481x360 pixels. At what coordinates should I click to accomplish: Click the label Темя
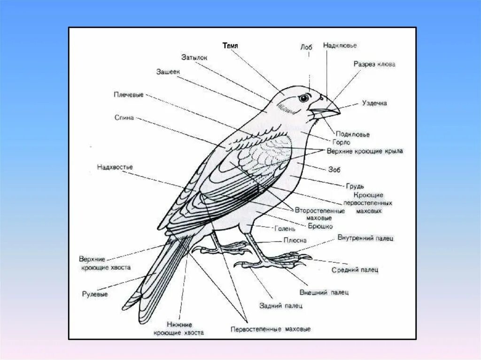pyautogui.click(x=230, y=46)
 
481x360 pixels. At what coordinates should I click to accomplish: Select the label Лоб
pyautogui.click(x=306, y=47)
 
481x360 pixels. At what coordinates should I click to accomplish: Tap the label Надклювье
pyautogui.click(x=340, y=46)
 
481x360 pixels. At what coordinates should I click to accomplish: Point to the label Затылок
pyautogui.click(x=194, y=57)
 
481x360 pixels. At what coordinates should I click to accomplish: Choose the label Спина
pyautogui.click(x=124, y=117)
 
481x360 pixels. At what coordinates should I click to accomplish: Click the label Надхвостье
pyautogui.click(x=115, y=167)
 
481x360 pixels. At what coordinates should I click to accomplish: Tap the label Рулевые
pyautogui.click(x=95, y=294)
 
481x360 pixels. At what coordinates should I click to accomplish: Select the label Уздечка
pyautogui.click(x=374, y=103)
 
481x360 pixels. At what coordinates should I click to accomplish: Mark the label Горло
pyautogui.click(x=341, y=142)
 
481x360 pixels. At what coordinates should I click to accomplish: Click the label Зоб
pyautogui.click(x=334, y=169)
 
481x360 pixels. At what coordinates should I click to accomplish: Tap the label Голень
pyautogui.click(x=284, y=229)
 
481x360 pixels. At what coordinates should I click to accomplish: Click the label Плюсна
pyautogui.click(x=295, y=240)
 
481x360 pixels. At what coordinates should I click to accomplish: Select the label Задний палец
pyautogui.click(x=281, y=306)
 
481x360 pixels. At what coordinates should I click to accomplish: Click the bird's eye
pyautogui.click(x=304, y=98)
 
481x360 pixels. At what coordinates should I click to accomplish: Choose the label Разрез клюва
pyautogui.click(x=374, y=64)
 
